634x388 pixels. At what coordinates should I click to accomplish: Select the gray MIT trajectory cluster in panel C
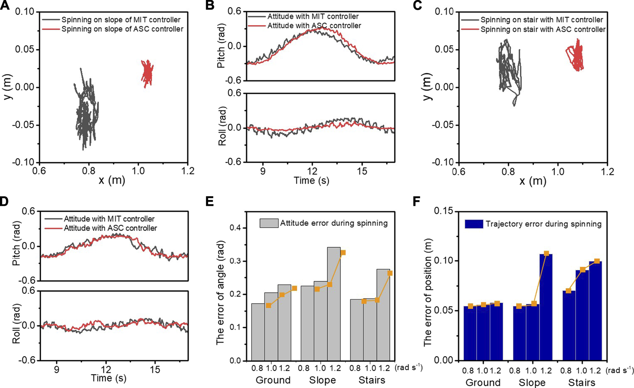(508, 70)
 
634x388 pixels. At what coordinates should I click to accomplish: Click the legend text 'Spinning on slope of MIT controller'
(121, 20)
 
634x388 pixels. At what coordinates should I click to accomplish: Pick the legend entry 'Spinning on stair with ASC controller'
(543, 29)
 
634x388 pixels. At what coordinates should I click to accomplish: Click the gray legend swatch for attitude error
(269, 223)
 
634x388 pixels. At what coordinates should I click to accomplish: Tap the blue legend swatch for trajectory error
(474, 224)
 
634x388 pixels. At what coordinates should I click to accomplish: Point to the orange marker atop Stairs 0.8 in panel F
(569, 291)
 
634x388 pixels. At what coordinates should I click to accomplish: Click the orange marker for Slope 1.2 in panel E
(343, 253)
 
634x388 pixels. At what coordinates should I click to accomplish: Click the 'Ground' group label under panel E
(273, 380)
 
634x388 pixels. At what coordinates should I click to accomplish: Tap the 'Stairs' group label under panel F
(582, 382)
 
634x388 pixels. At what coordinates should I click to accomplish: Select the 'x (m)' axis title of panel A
(112, 180)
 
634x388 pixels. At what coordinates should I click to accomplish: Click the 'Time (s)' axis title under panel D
(108, 378)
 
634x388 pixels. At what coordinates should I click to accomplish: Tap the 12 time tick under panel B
(312, 171)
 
